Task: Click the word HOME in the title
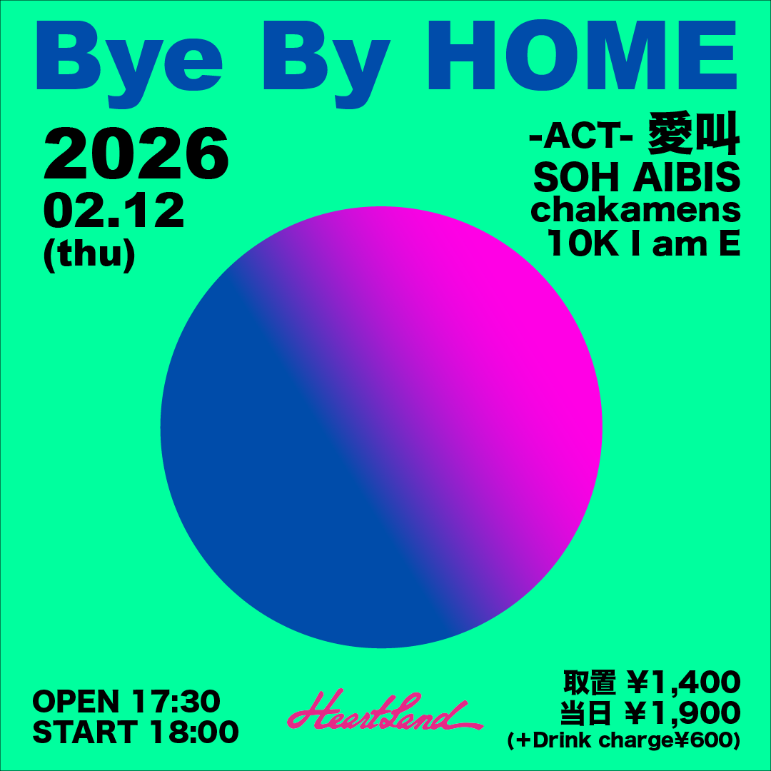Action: click(583, 55)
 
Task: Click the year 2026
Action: click(136, 154)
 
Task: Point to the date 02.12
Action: click(114, 211)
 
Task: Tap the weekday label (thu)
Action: click(89, 255)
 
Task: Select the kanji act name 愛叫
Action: click(694, 133)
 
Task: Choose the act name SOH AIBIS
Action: click(637, 177)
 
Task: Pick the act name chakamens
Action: click(636, 211)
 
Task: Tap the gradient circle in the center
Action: click(381, 428)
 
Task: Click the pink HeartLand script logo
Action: click(384, 710)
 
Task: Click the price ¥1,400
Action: click(684, 682)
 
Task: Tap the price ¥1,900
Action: click(683, 713)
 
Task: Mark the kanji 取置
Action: click(590, 682)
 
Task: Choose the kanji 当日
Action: click(587, 713)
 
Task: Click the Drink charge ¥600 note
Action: click(624, 741)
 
